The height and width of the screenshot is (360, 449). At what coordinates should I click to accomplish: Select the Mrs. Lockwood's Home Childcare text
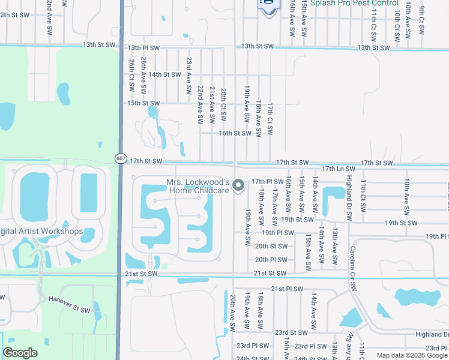(x=198, y=186)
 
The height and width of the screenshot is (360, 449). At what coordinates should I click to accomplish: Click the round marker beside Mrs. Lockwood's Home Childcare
(x=239, y=186)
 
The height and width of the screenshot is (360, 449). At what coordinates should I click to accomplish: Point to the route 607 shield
(x=121, y=158)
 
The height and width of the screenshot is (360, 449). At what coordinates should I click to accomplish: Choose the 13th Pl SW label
(x=143, y=47)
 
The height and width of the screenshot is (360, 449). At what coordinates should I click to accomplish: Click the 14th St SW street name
(x=165, y=74)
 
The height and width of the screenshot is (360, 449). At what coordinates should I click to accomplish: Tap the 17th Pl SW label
(x=267, y=181)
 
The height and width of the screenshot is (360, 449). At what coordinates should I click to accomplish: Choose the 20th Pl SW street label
(x=271, y=260)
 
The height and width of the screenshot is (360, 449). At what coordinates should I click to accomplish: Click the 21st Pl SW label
(x=286, y=289)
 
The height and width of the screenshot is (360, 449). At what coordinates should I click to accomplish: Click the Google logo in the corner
(x=20, y=353)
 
